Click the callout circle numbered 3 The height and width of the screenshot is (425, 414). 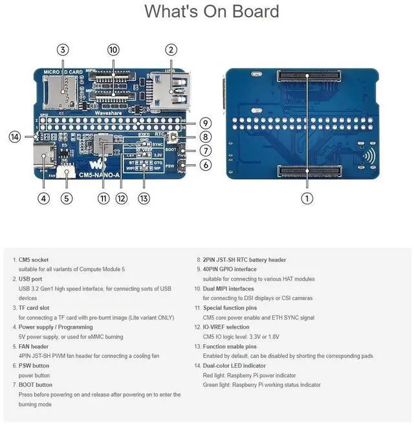[63, 50]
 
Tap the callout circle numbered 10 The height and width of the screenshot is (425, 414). [113, 50]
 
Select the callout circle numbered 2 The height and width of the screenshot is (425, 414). [171, 50]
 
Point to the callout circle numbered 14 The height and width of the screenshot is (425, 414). [16, 136]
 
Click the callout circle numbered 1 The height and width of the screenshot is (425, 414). [307, 199]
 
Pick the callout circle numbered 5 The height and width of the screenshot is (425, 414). [67, 199]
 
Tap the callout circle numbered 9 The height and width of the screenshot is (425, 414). [205, 123]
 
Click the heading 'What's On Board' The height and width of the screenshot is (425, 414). [212, 12]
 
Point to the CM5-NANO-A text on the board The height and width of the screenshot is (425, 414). [99, 175]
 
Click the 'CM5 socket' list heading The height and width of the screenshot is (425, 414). [34, 259]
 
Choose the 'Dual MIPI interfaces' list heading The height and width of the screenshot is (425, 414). [228, 289]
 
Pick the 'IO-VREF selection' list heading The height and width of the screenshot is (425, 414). [224, 327]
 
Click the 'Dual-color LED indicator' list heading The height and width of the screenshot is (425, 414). [234, 365]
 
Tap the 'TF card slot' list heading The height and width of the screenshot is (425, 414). [34, 308]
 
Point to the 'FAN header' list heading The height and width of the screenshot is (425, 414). [34, 346]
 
